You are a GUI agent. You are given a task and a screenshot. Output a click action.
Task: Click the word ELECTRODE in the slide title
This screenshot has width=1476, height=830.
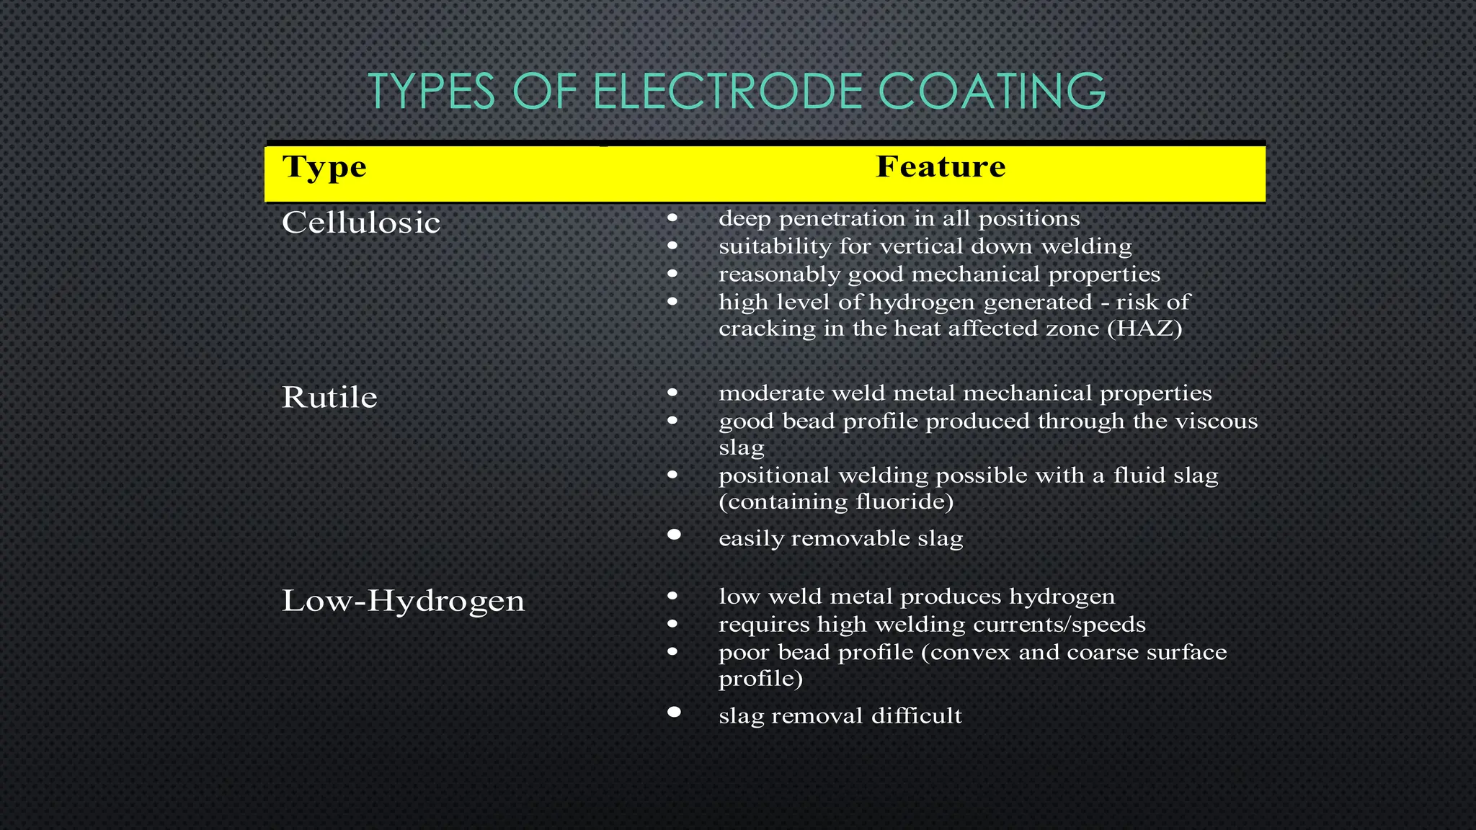pyautogui.click(x=728, y=92)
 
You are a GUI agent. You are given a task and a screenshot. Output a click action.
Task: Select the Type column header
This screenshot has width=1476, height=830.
pyautogui.click(x=324, y=167)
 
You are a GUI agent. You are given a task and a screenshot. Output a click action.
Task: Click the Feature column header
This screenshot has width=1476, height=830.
pyautogui.click(x=941, y=167)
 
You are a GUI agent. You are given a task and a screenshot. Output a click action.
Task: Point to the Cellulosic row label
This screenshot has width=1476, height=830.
pyautogui.click(x=361, y=223)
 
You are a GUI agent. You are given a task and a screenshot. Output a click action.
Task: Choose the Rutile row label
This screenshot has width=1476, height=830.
pyautogui.click(x=329, y=398)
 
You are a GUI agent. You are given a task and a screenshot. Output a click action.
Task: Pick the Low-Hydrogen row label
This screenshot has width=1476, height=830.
pyautogui.click(x=403, y=601)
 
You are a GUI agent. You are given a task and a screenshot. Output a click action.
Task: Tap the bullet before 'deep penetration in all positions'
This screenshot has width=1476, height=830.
pyautogui.click(x=672, y=218)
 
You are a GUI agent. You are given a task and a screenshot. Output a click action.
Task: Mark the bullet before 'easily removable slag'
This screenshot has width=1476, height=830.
pyautogui.click(x=674, y=535)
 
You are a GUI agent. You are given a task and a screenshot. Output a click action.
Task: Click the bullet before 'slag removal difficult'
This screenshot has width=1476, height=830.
pyautogui.click(x=674, y=712)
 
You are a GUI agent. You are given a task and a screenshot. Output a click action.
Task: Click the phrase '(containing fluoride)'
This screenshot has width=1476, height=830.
pyautogui.click(x=836, y=501)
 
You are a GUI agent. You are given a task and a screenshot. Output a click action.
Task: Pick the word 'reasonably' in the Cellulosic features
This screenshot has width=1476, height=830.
pyautogui.click(x=780, y=275)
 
